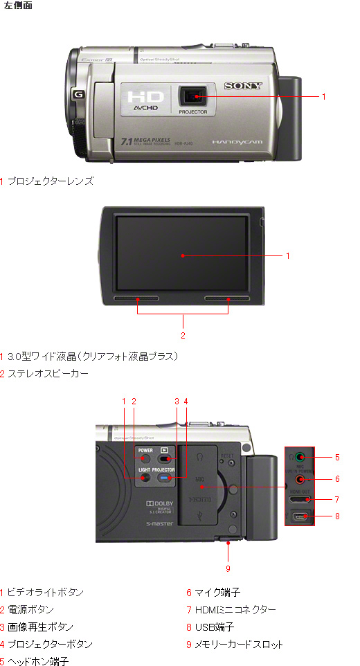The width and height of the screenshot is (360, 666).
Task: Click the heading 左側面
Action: [x=17, y=6]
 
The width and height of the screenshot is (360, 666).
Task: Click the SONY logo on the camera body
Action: [x=242, y=87]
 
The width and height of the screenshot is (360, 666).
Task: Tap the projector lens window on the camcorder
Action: [x=194, y=96]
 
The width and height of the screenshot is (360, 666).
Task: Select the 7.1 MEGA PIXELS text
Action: [x=145, y=141]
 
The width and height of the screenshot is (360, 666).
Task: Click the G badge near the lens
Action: [x=78, y=94]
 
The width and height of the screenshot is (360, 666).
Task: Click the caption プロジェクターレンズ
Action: [x=50, y=181]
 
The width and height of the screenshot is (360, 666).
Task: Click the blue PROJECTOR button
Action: [x=165, y=478]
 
